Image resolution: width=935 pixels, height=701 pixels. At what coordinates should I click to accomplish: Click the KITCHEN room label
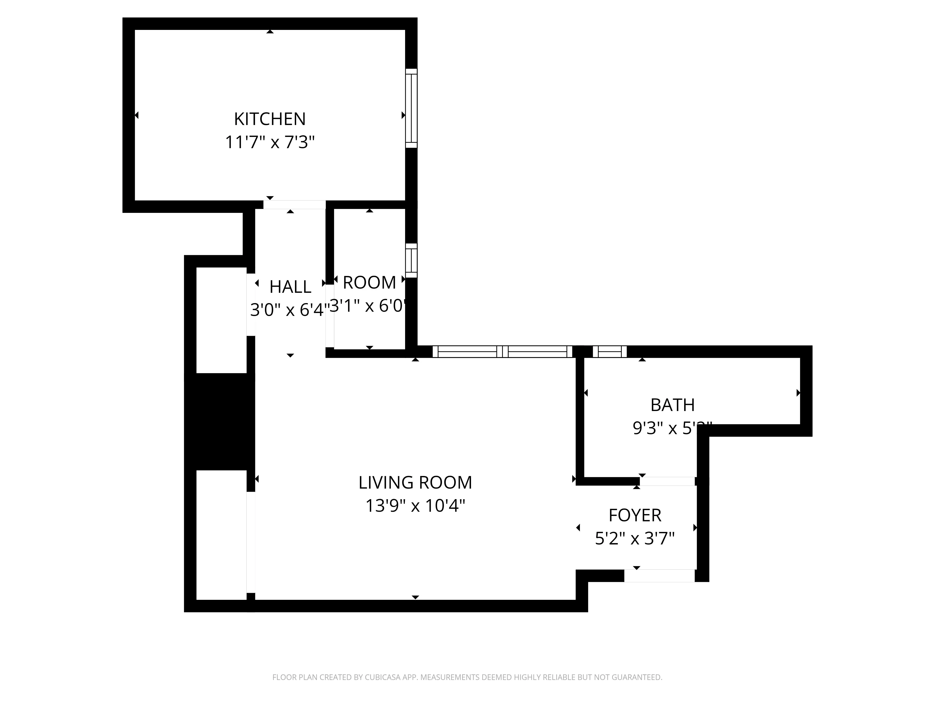pos(270,119)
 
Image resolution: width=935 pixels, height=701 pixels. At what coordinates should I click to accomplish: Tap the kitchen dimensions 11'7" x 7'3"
pos(270,142)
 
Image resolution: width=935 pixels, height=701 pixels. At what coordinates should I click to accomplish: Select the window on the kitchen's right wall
pos(411,108)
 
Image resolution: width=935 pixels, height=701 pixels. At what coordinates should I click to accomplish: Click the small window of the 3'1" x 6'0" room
pos(411,260)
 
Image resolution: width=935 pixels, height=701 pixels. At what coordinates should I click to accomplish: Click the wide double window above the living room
pos(502,352)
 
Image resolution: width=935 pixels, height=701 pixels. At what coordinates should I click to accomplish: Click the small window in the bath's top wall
pos(610,352)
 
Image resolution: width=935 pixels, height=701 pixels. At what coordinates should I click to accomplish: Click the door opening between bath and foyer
pos(667,481)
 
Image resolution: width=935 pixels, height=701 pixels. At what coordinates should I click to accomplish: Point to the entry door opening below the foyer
pos(659,576)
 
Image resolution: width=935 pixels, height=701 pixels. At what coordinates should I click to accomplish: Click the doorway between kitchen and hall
pos(294,204)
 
